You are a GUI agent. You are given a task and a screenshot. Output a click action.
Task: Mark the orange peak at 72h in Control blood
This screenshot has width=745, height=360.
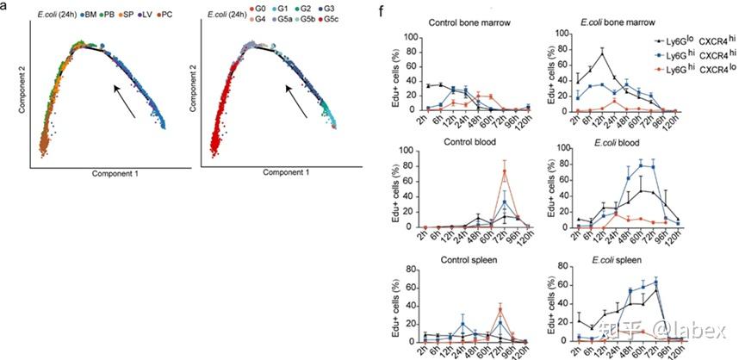[503, 170]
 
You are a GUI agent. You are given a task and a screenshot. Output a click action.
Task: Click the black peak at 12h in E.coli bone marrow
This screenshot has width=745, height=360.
[599, 53]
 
